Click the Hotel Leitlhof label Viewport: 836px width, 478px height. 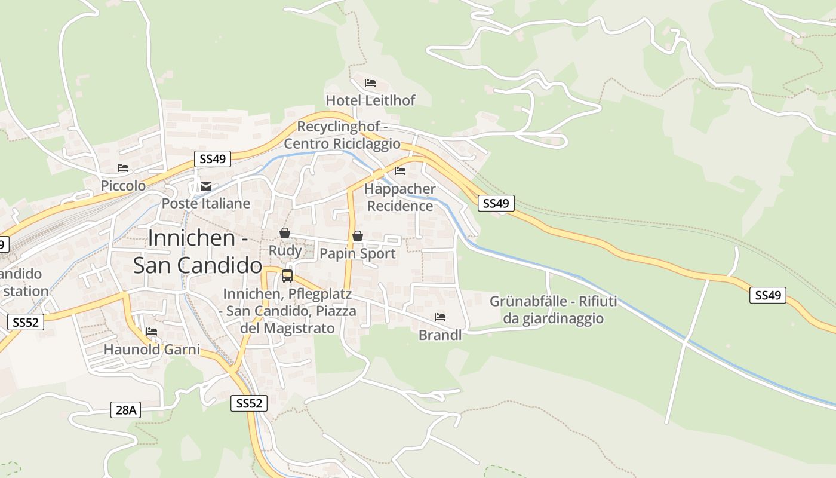[370, 100]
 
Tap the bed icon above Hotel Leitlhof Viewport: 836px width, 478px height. [370, 83]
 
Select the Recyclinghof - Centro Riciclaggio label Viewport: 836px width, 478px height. [342, 136]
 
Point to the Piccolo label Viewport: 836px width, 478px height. [123, 186]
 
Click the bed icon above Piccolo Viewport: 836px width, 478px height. [123, 168]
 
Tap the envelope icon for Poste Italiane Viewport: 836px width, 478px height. [206, 186]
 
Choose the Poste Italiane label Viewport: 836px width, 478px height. [206, 203]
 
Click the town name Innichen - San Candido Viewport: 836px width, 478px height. [198, 252]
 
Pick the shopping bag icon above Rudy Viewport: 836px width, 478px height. [285, 233]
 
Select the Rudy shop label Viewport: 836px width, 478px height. [285, 250]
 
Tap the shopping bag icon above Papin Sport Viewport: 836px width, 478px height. [358, 236]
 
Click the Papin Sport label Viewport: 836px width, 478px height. [358, 253]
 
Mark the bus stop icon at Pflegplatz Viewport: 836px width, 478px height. [287, 276]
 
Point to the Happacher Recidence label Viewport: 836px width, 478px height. [400, 197]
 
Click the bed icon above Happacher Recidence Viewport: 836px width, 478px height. [400, 171]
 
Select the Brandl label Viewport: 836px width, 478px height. [440, 335]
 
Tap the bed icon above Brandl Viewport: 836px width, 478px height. [440, 317]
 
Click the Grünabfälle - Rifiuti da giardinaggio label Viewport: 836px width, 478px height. [554, 310]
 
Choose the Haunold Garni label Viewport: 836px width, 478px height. [152, 350]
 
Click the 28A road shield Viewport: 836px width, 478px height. [126, 410]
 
